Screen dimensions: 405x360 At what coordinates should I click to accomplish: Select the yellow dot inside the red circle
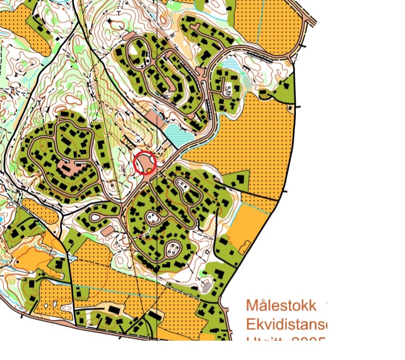click(x=149, y=169)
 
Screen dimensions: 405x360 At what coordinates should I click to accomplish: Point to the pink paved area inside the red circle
click(x=143, y=161)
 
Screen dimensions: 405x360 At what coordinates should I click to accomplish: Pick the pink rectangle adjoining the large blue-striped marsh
click(x=156, y=118)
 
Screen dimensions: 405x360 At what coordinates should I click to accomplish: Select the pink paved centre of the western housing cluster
click(x=70, y=168)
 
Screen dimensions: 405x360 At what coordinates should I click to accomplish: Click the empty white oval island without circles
click(x=96, y=218)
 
